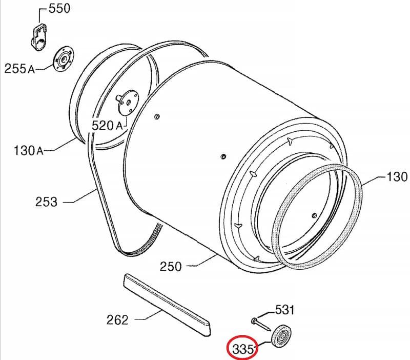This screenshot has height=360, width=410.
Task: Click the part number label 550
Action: click(x=59, y=9)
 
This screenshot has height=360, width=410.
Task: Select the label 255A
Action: click(x=19, y=69)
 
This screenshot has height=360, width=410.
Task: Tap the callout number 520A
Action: click(x=107, y=126)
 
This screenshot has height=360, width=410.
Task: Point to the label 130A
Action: click(x=28, y=151)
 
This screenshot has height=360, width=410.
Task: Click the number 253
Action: click(x=46, y=202)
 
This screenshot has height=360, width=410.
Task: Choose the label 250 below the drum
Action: click(x=171, y=267)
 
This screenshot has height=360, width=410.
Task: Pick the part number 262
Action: click(x=117, y=319)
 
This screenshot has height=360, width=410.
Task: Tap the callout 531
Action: click(x=285, y=310)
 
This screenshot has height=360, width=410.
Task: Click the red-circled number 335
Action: click(x=243, y=349)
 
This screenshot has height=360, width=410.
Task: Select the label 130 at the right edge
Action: click(x=397, y=177)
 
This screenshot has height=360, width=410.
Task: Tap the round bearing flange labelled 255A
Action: click(x=63, y=58)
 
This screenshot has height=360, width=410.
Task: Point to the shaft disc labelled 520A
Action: click(x=128, y=102)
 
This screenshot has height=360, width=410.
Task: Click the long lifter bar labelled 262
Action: click(x=167, y=304)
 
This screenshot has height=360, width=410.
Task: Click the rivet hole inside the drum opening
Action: click(x=314, y=215)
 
